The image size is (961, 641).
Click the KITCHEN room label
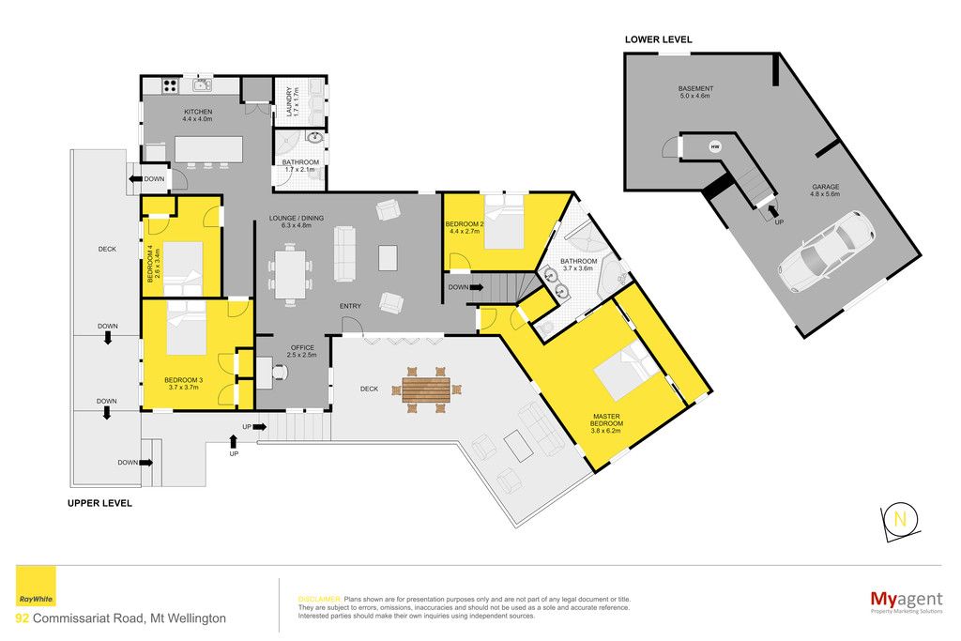coord(198,112)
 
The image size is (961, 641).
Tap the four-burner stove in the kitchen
coord(171,85)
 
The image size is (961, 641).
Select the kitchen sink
coord(203,84)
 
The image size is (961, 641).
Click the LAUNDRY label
coord(289,101)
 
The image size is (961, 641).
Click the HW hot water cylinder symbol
coord(715,146)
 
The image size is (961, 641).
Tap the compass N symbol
coord(900,520)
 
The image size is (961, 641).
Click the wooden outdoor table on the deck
coord(426,389)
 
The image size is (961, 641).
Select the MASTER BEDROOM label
coord(606,420)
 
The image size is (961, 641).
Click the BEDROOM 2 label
coord(464,224)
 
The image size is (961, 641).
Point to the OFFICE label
coord(302,347)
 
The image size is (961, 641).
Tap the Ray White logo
coord(36,587)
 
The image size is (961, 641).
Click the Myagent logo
coord(907,600)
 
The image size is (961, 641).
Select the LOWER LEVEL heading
coord(658,39)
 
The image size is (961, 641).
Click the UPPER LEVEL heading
coord(99,503)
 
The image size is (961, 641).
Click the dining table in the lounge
coord(290,274)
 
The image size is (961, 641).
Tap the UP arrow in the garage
coord(770,212)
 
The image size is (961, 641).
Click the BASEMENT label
coord(695,88)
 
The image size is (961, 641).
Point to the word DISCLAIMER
coord(319,600)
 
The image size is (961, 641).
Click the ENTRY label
coord(351,306)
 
